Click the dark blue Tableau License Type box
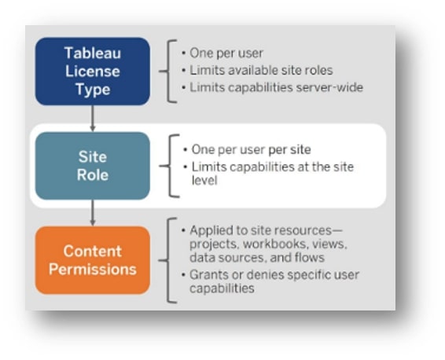click(93, 72)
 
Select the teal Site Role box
click(93, 166)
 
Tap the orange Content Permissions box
click(93, 260)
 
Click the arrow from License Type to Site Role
click(92, 119)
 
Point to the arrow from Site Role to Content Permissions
click(92, 213)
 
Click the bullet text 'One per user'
click(226, 53)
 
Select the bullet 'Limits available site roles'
click(261, 71)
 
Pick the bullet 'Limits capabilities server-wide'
click(276, 87)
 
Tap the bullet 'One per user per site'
click(251, 150)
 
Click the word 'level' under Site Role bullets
click(204, 181)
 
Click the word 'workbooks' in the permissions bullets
click(275, 244)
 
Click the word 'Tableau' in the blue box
click(93, 53)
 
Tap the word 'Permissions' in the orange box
click(93, 270)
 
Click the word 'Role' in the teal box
click(93, 174)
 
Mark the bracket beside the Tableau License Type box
click(168, 72)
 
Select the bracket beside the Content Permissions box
click(168, 260)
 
